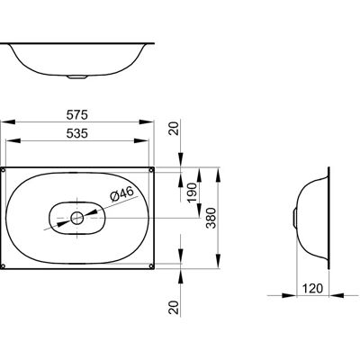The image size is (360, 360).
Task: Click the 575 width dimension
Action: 77,114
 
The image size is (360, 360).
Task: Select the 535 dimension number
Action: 77,133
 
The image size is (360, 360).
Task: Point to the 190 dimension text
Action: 192,193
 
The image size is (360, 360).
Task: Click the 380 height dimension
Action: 211,218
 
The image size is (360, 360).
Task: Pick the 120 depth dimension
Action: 312,289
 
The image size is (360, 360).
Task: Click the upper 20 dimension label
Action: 174,129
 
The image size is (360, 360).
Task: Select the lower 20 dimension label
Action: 174,308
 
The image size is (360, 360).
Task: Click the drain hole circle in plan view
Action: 77,218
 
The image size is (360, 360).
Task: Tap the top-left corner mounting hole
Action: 3,170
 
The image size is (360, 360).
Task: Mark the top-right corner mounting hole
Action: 151,170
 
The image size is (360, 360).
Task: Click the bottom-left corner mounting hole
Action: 3,265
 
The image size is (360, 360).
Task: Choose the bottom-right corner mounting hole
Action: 151,265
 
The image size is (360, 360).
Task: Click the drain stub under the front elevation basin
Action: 77,77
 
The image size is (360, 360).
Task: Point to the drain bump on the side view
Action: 294,218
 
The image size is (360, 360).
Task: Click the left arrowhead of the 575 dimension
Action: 8,121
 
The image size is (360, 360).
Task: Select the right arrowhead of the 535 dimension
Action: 141,140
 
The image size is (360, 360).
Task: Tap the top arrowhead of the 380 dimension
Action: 219,175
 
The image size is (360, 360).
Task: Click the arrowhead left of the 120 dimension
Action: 289,295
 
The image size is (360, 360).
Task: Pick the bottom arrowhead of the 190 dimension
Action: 199,210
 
